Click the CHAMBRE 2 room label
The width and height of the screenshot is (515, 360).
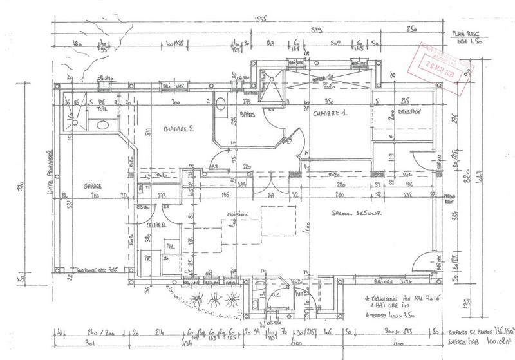(178, 128)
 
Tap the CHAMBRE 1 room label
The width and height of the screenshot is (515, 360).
(330, 114)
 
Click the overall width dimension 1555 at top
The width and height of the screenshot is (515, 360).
(261, 19)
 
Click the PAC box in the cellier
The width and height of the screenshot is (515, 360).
(147, 258)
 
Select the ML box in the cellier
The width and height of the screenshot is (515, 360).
(170, 245)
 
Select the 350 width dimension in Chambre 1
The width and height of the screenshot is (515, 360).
(329, 102)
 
